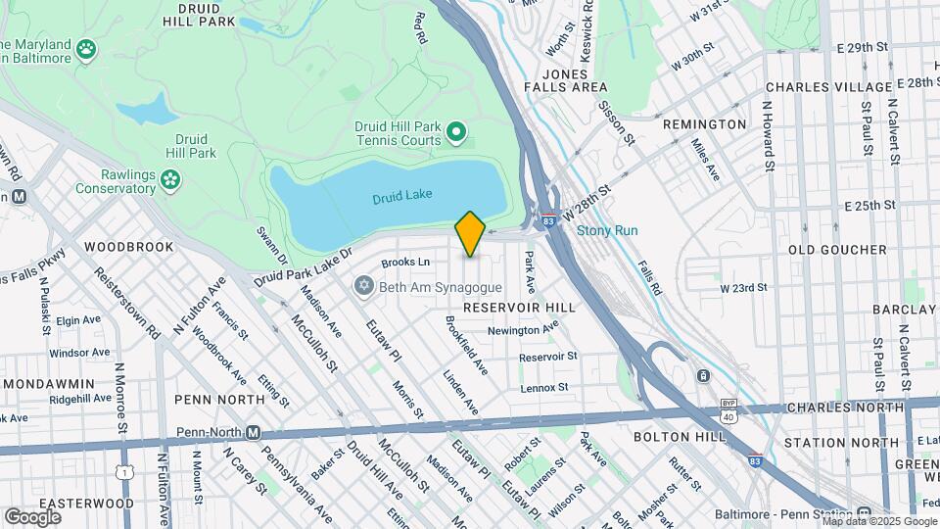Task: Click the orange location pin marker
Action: coord(470,233)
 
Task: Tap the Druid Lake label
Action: coord(400,199)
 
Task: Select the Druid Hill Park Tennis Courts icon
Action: coord(455,130)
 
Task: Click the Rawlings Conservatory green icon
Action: coord(171,178)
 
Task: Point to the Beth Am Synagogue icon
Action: coord(365,286)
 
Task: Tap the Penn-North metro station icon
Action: coord(253,432)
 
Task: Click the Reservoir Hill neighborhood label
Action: coord(518,308)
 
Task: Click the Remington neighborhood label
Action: coord(704,125)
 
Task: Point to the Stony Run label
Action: coord(607,231)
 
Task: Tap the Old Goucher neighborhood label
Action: coord(829,249)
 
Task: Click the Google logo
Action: coord(32,516)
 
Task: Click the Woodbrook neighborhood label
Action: coord(128,247)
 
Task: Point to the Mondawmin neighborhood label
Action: coord(48,383)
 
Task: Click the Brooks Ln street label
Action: coord(405,263)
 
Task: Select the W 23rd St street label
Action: coord(743,288)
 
